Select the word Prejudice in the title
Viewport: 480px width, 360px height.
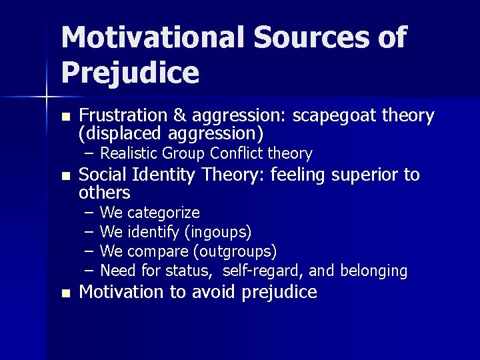(130, 73)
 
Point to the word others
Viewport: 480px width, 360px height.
(104, 193)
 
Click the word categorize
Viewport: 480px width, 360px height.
(163, 213)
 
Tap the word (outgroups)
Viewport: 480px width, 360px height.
(234, 251)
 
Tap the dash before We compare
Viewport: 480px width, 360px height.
(90, 251)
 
